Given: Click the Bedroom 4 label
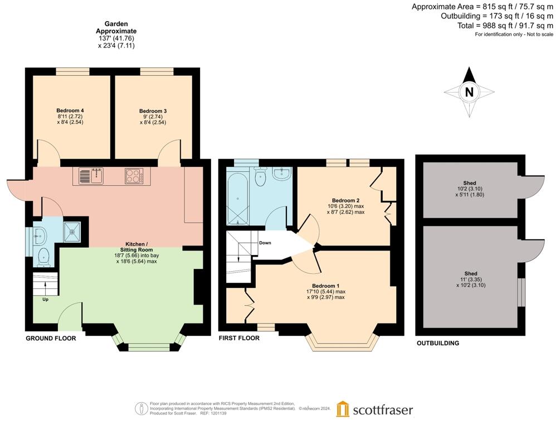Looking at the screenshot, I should [x=70, y=110].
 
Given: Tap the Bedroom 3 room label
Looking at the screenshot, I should [x=153, y=111].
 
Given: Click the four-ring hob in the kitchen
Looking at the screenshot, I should [x=134, y=176].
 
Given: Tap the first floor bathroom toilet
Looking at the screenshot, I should [x=260, y=177].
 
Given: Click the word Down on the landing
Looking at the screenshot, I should [x=265, y=243].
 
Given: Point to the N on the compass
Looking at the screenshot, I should [x=469, y=93].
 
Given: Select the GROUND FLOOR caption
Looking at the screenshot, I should [x=51, y=339].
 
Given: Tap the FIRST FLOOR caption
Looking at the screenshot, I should [x=239, y=338].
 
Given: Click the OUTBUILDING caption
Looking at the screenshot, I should [x=438, y=343].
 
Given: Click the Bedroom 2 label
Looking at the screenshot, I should [x=345, y=200].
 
